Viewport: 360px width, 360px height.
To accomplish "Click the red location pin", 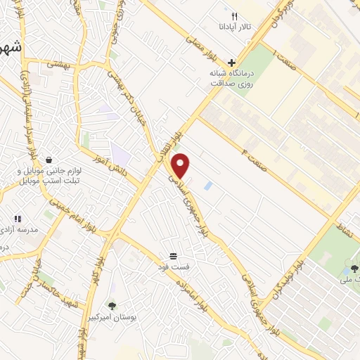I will (x=182, y=165).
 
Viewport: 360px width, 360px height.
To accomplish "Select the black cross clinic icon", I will (x=231, y=63).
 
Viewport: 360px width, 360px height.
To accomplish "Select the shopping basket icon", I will (x=49, y=160).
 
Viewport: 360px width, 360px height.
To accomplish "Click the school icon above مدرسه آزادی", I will (x=18, y=219).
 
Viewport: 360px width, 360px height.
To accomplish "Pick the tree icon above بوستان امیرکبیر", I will (x=112, y=306).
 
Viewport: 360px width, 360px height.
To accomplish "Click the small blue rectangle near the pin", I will (x=207, y=186).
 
